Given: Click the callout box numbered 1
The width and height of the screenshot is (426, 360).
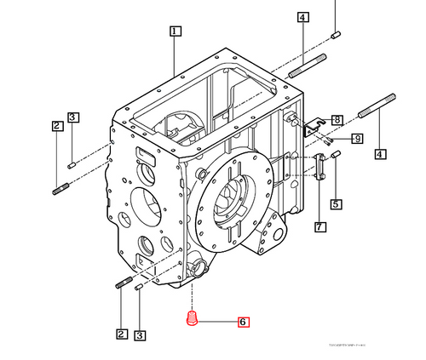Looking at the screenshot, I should coord(175,31).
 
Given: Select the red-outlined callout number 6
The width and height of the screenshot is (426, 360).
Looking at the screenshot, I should coord(243,322).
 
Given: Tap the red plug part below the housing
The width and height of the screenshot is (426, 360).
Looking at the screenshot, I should coord(192,320).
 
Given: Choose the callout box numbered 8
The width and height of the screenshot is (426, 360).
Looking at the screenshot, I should coord(337,120).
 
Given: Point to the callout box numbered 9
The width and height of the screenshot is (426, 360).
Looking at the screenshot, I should coord(357,139).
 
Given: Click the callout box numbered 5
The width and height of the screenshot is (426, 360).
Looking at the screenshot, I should coord(337,203).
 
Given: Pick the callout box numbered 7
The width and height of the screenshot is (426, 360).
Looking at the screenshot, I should coord(319,226).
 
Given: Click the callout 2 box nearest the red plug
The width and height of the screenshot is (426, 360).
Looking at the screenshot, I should coord(122,334).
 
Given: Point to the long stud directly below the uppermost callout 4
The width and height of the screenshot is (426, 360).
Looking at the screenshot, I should coord(309,65).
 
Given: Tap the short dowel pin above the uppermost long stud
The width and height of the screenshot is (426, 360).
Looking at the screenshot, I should coord(336,34).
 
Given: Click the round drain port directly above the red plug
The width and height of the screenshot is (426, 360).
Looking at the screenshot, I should coord(200,271).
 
